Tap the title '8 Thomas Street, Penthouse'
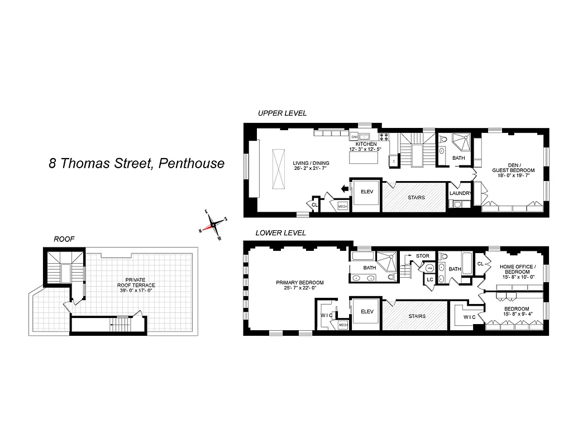pyautogui.click(x=136, y=163)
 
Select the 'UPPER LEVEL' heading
pyautogui.click(x=282, y=113)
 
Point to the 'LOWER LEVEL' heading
pyautogui.click(x=281, y=233)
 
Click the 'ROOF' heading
pyautogui.click(x=64, y=239)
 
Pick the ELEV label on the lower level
pyautogui.click(x=366, y=311)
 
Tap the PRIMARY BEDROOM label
pyautogui.click(x=300, y=283)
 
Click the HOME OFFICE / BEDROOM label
pyautogui.click(x=518, y=270)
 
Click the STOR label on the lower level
pyautogui.click(x=423, y=256)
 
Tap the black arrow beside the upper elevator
pyautogui.click(x=344, y=189)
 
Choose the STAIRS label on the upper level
pyautogui.click(x=416, y=197)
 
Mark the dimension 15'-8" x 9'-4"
pyautogui.click(x=517, y=315)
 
